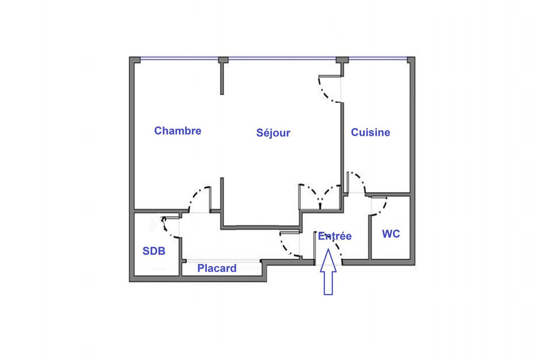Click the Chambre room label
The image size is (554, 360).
(x=178, y=131)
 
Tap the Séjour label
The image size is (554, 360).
(x=273, y=133)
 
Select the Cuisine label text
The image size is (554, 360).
(x=371, y=132)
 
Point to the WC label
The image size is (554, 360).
(x=391, y=234)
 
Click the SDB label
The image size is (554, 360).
(x=154, y=251)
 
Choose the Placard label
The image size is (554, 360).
(x=217, y=268)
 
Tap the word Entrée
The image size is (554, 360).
(x=335, y=236)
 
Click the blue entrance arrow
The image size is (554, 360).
(x=328, y=272)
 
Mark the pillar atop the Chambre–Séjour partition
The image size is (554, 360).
(x=223, y=60)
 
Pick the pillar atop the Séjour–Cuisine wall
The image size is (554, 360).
(x=342, y=60)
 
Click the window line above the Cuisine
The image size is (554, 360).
(x=378, y=58)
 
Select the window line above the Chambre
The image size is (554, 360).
(x=179, y=58)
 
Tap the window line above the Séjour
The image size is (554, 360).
(x=282, y=58)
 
